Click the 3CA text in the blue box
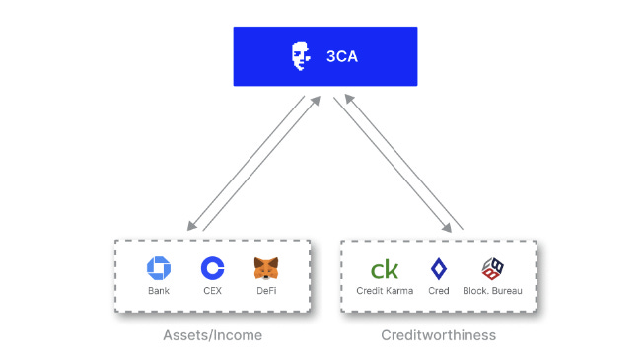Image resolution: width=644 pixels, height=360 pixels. tap(341, 56)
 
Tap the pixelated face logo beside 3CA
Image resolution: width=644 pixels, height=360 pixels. tap(301, 56)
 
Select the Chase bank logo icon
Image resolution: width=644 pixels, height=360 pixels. tap(159, 268)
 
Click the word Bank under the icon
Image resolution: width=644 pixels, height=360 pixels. tap(159, 291)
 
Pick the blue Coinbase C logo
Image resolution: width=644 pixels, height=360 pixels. tap(212, 268)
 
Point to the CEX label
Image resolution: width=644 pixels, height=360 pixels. tap(212, 291)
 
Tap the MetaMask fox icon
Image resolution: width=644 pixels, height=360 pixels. tap(266, 268)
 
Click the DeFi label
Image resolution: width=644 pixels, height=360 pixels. tap(266, 291)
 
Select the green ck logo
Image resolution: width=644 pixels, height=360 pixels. tap(385, 269)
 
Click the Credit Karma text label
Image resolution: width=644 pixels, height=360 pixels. tap(385, 291)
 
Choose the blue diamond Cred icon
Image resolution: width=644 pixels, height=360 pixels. tap(439, 268)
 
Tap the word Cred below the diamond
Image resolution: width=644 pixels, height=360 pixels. tap(439, 291)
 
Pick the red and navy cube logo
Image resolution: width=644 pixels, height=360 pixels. tap(492, 268)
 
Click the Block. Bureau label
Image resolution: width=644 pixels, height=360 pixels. tap(492, 291)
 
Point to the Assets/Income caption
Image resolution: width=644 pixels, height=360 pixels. tap(212, 335)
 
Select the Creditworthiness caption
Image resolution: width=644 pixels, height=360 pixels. tap(438, 335)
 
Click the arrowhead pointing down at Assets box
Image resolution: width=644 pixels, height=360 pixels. tap(191, 226)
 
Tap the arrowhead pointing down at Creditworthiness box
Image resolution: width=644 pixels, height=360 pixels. tap(447, 227)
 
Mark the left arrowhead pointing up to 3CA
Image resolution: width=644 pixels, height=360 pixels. tap(316, 101)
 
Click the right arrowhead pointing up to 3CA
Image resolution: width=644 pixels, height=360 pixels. tap(349, 99)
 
